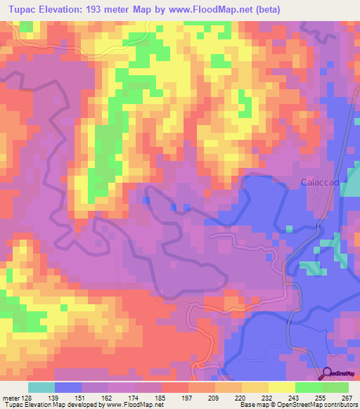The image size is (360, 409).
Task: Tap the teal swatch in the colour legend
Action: click(41, 387)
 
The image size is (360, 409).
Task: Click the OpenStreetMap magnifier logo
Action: click(329, 372)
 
